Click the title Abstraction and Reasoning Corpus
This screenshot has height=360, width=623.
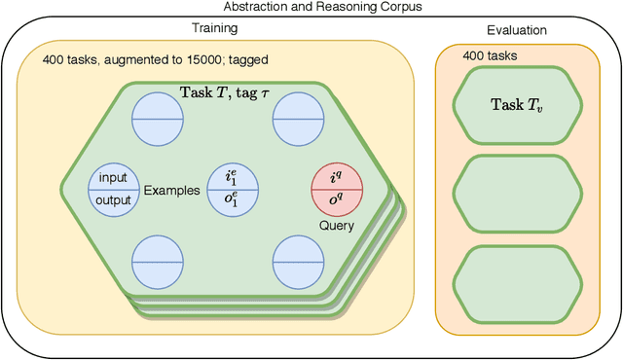pos(311,7)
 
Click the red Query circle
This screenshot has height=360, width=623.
pos(336,189)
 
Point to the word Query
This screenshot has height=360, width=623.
pos(336,226)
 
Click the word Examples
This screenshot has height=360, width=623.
pos(171,190)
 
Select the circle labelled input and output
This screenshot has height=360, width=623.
pos(114,189)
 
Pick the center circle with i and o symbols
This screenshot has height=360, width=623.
pos(231,189)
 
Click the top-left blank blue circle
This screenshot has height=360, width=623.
pos(157,118)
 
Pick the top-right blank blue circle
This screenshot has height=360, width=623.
pos(298,118)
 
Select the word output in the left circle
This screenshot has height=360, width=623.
pos(114,199)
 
